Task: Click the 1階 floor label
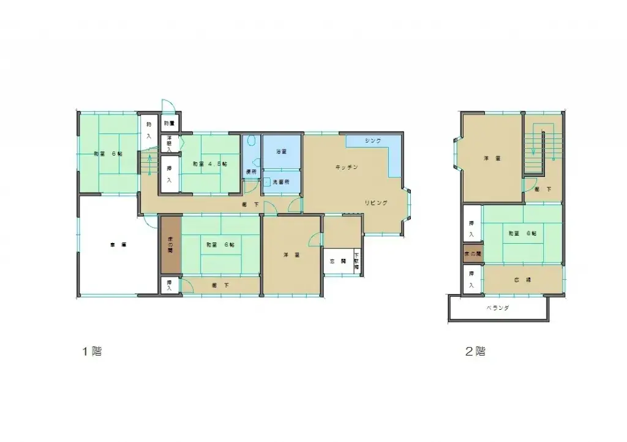coord(92,352)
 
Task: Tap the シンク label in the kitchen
coord(373,141)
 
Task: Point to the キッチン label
coord(346,167)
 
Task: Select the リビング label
coord(376,203)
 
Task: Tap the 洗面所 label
coord(281,182)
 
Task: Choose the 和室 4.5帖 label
coord(210,164)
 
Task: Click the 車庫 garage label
coord(118,244)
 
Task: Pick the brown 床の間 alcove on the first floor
coord(171,245)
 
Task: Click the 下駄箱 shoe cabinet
coord(356,262)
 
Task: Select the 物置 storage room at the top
coord(169,124)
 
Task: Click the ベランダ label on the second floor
coord(498,309)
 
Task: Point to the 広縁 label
coord(522,279)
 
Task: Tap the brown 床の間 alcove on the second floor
coord(472,253)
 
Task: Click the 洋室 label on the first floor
coord(291,254)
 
